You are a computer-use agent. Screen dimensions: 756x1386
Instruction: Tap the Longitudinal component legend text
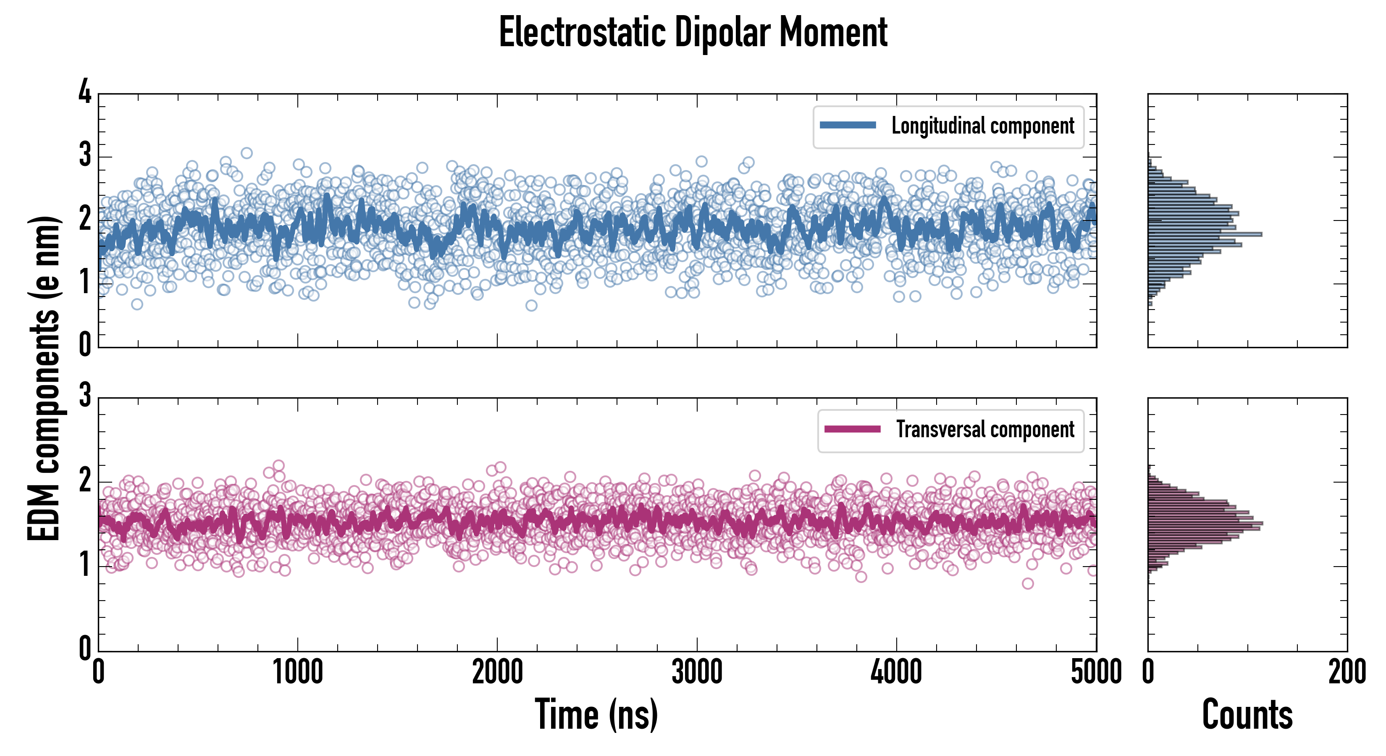coord(982,126)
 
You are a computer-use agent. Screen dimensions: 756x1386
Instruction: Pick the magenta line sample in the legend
coord(852,429)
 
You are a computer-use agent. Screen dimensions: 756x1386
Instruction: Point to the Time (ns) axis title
coord(596,714)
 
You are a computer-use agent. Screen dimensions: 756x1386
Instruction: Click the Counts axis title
coord(1247,714)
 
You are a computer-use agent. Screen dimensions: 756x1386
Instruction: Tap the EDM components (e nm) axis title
coord(44,378)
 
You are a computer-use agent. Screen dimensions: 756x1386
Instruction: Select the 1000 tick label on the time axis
coord(297,672)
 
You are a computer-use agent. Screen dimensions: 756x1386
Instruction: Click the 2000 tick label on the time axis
coord(497,672)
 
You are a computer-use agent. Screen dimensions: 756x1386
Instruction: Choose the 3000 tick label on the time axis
coord(697,672)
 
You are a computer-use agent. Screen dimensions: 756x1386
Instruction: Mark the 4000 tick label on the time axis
coord(896,672)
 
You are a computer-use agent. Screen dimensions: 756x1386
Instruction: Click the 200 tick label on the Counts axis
coord(1347,672)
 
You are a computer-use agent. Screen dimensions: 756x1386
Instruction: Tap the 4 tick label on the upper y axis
coord(85,92)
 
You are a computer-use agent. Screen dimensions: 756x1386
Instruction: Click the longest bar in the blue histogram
coord(1205,234)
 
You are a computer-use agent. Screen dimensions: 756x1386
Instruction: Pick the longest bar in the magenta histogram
coord(1205,523)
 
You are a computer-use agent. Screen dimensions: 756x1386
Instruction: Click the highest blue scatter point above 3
coord(247,153)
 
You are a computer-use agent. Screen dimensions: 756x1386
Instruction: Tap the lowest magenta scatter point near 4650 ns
coord(1028,583)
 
